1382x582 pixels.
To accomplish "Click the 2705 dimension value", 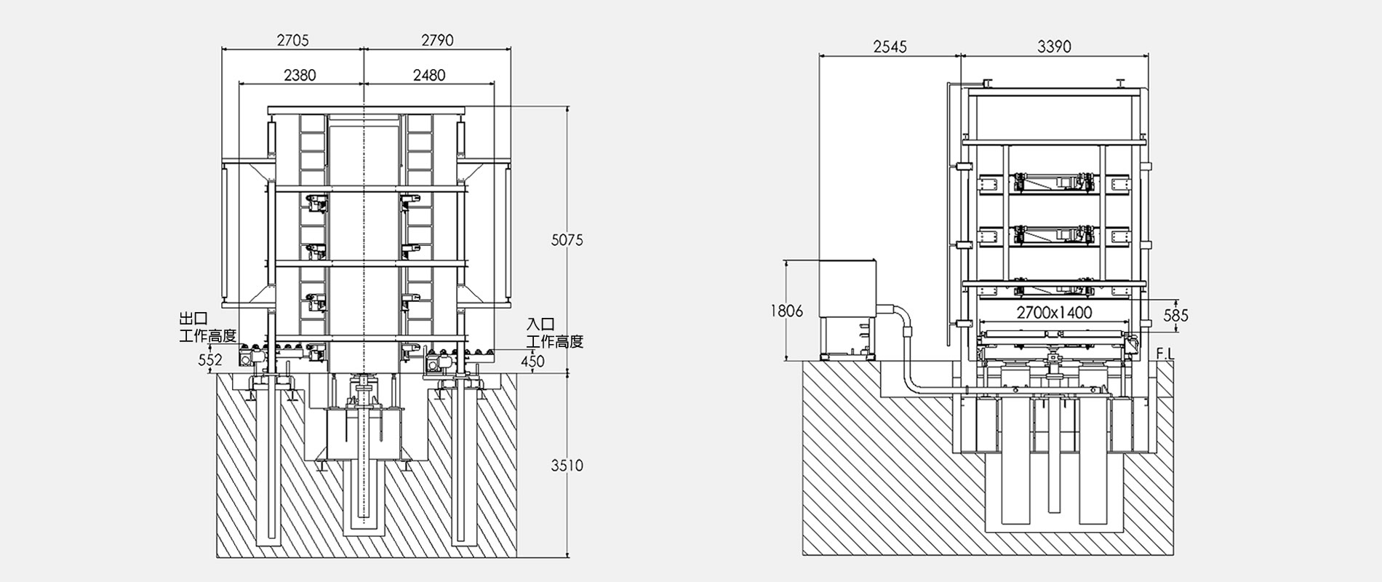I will [x=292, y=41].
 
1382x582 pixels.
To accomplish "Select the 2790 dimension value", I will [x=437, y=41].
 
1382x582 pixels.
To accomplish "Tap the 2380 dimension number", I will [x=300, y=76].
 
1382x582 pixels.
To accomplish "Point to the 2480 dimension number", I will [x=429, y=76].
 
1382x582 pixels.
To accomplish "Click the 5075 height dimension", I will [x=567, y=240].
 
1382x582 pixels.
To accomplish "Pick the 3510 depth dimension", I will [x=567, y=466].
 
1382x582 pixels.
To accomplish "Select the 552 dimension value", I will [x=210, y=360].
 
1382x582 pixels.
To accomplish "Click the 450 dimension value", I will [x=532, y=361].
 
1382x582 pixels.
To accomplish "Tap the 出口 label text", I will [x=193, y=319].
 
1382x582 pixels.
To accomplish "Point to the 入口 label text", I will [x=540, y=324].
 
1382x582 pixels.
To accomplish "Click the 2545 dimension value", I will [x=890, y=47].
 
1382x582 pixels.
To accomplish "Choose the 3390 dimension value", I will [x=1054, y=47].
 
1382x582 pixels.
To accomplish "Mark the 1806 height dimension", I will [x=787, y=311].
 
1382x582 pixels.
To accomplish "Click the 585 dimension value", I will [x=1175, y=316].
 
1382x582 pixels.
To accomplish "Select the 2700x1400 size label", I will [x=1054, y=313].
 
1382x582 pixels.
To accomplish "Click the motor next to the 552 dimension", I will [x=247, y=358].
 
